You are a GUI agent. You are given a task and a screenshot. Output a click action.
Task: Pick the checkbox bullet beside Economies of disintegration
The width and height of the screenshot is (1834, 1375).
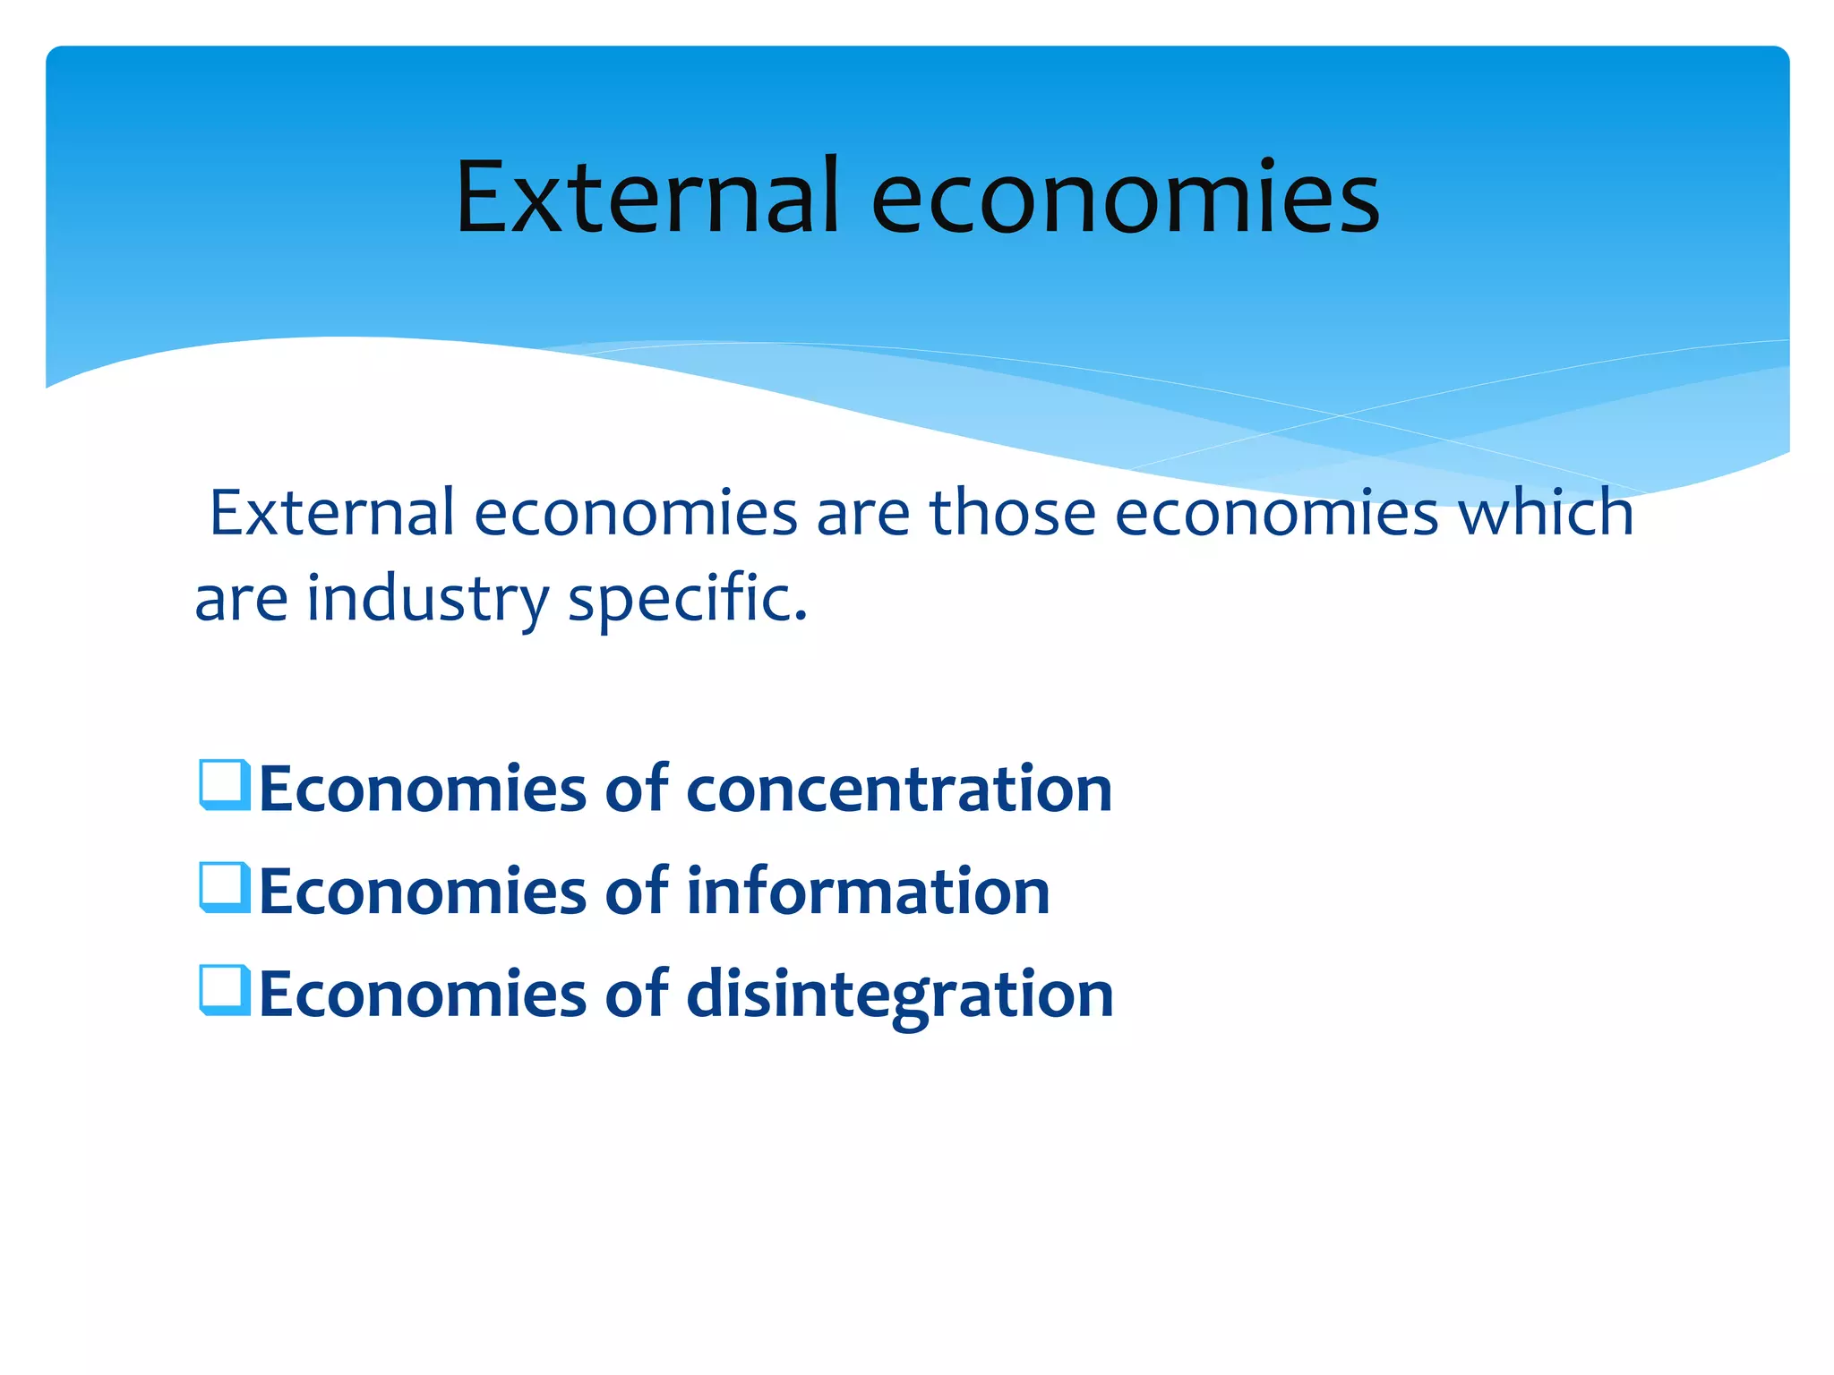tap(224, 990)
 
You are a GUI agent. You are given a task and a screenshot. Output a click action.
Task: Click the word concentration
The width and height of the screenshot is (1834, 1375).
tap(899, 790)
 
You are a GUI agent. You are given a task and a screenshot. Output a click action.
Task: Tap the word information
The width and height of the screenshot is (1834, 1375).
tap(868, 892)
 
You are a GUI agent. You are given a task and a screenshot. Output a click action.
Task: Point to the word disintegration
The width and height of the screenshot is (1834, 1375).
tap(899, 995)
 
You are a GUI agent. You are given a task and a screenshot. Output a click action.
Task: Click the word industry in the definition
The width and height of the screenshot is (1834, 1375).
tap(428, 600)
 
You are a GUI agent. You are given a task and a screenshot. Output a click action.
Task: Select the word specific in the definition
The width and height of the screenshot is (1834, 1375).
tap(688, 600)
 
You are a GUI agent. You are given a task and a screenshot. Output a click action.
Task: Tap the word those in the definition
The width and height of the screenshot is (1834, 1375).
tap(1013, 513)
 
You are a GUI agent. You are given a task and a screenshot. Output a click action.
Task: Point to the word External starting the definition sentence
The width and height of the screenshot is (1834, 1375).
tap(332, 513)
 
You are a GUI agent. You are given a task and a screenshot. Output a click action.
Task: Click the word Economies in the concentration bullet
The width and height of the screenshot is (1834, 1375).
tap(422, 790)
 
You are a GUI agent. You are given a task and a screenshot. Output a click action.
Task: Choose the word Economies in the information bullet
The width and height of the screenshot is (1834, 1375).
tap(422, 892)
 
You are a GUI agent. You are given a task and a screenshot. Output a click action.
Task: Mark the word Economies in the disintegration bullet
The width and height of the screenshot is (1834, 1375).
tap(422, 995)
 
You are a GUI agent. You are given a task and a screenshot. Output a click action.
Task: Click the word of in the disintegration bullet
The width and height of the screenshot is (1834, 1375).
tap(636, 994)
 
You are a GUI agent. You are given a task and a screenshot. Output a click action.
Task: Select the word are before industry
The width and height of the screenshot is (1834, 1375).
tap(241, 600)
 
